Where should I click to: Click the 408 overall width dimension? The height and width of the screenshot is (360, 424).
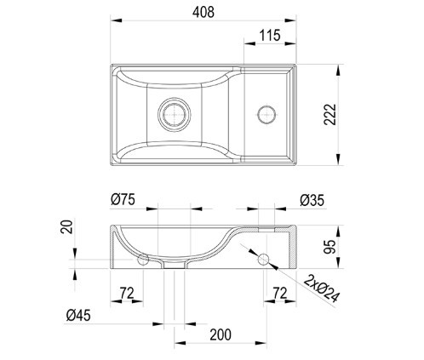point(203,12)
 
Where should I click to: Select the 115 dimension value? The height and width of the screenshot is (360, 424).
point(270,36)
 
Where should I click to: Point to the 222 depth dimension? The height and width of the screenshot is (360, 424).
point(330,115)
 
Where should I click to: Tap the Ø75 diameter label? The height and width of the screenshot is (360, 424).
point(123,199)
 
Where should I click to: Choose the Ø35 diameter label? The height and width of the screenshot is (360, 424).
point(312,200)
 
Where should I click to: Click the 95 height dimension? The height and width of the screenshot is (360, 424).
point(330,247)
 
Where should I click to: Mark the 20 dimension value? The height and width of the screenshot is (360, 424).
point(67,226)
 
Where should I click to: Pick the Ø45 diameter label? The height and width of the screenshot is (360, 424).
point(78,315)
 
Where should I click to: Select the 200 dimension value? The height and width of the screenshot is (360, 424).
point(221,334)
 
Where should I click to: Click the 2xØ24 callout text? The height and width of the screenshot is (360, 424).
point(322,289)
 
